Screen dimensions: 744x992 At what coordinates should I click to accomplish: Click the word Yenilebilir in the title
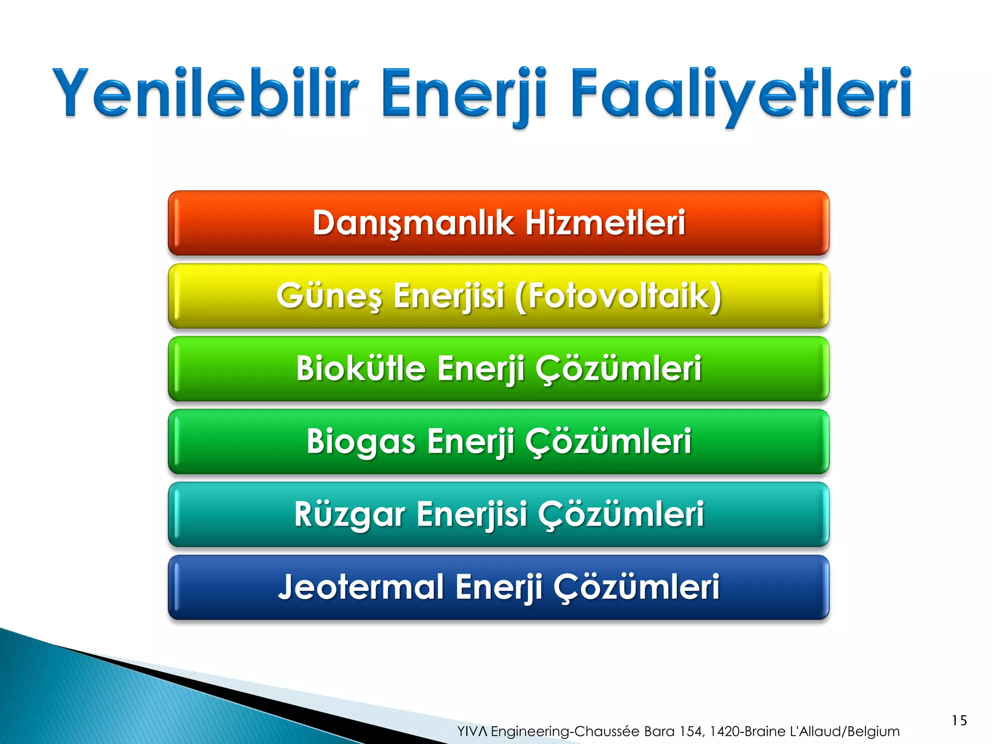[206, 93]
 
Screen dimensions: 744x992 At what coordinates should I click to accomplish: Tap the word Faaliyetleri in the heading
[741, 93]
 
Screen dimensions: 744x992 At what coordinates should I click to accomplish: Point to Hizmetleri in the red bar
[605, 223]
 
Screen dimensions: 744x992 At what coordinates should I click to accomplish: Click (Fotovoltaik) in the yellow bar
[618, 296]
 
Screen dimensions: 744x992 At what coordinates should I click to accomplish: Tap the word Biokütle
[360, 369]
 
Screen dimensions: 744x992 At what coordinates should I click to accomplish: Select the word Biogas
[361, 441]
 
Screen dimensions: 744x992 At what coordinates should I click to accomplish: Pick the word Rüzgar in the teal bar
[349, 514]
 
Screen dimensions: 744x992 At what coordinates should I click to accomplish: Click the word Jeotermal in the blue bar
[361, 587]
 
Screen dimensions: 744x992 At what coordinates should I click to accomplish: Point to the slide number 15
[959, 720]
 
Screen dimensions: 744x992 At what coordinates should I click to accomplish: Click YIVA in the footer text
[472, 731]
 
